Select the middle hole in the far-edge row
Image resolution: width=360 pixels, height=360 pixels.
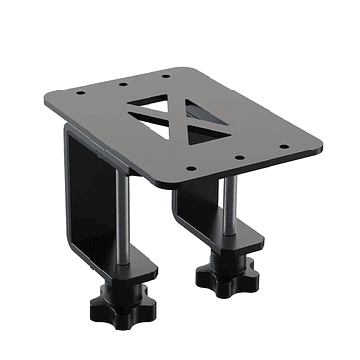124,85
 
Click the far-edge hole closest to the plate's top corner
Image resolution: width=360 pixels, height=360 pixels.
164,74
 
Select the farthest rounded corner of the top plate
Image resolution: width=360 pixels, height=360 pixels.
180,65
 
